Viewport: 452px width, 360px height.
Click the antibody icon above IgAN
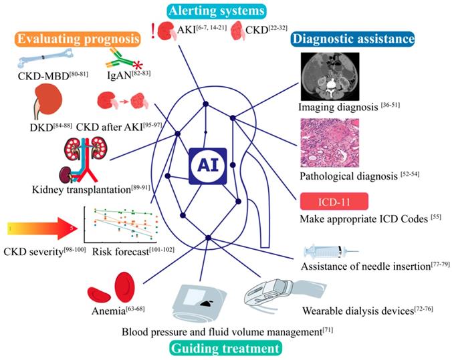(x=122, y=64)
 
